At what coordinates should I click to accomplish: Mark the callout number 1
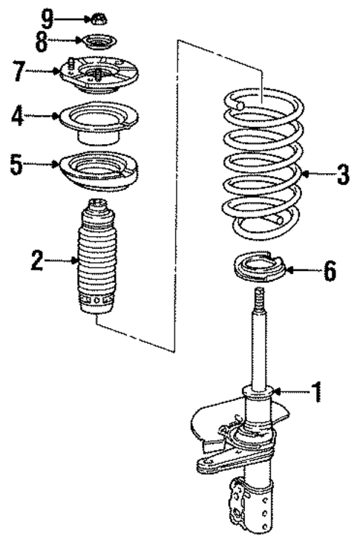pos(317,391)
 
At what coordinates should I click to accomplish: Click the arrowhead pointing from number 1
pos(277,391)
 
